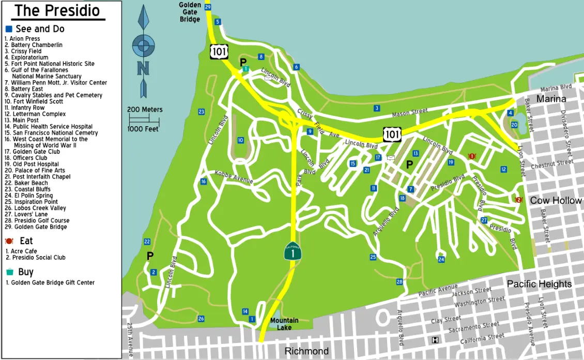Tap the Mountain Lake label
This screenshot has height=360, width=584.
(284, 324)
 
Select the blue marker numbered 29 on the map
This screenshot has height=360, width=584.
(208, 7)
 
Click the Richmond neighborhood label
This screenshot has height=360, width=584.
(306, 351)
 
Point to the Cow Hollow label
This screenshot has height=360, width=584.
(556, 201)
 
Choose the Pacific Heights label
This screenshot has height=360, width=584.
(539, 284)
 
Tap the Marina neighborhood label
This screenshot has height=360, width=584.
(551, 99)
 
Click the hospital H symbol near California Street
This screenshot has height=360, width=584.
(435, 340)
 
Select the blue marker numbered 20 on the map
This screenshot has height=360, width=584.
(514, 125)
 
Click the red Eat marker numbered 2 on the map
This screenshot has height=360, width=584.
(519, 200)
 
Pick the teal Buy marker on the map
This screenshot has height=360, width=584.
(247, 69)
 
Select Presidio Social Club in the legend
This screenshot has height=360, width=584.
(38, 258)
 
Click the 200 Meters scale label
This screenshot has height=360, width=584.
(145, 110)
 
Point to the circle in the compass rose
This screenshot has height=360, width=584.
(143, 46)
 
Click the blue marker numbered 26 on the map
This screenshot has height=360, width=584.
(201, 319)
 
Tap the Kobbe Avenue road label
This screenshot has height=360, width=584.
(234, 178)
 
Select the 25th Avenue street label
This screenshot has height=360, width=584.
(130, 339)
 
